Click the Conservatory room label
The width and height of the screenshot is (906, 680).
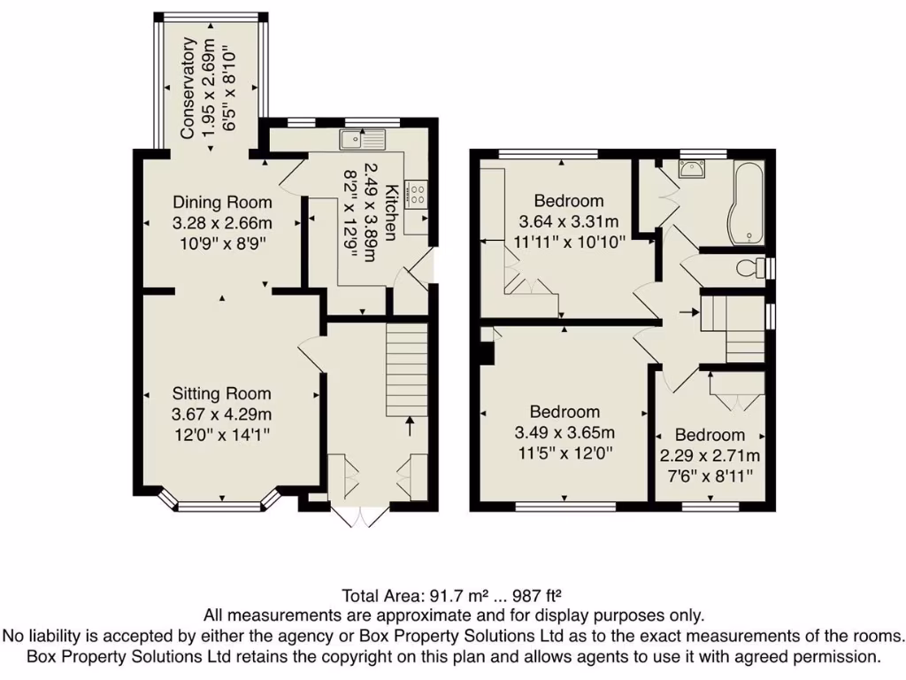point(187,89)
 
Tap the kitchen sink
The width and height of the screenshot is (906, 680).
point(364,138)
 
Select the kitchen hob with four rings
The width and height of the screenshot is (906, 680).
point(414,194)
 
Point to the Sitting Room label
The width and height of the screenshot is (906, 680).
point(221,394)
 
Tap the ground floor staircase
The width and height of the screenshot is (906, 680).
point(407,362)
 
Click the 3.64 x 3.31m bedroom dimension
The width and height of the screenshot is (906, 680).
point(569,220)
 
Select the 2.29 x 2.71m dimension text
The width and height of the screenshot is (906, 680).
point(710,456)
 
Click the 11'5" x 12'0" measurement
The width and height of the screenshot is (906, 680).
point(564,452)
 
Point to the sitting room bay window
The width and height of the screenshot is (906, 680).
point(221,506)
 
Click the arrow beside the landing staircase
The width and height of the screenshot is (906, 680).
point(687,313)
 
